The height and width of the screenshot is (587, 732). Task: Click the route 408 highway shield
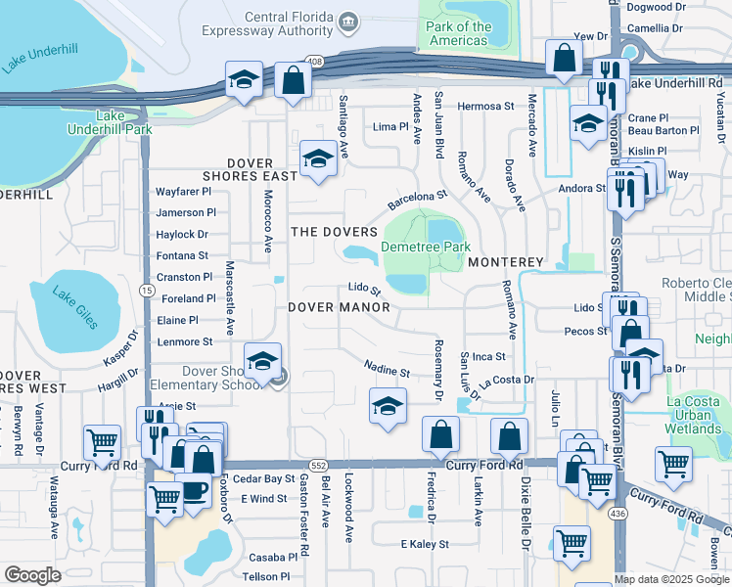click(x=313, y=61)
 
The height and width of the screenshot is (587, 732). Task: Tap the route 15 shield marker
click(x=146, y=291)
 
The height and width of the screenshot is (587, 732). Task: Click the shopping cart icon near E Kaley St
click(x=572, y=543)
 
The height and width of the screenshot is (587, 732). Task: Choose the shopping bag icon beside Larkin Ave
click(x=509, y=435)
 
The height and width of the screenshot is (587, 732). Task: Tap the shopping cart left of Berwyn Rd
click(x=102, y=442)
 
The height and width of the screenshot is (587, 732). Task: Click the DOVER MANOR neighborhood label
click(x=339, y=307)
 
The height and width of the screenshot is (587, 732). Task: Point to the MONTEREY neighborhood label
click(x=504, y=263)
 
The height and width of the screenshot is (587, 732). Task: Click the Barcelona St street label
click(x=417, y=200)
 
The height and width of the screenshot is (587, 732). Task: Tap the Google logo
click(x=33, y=575)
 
